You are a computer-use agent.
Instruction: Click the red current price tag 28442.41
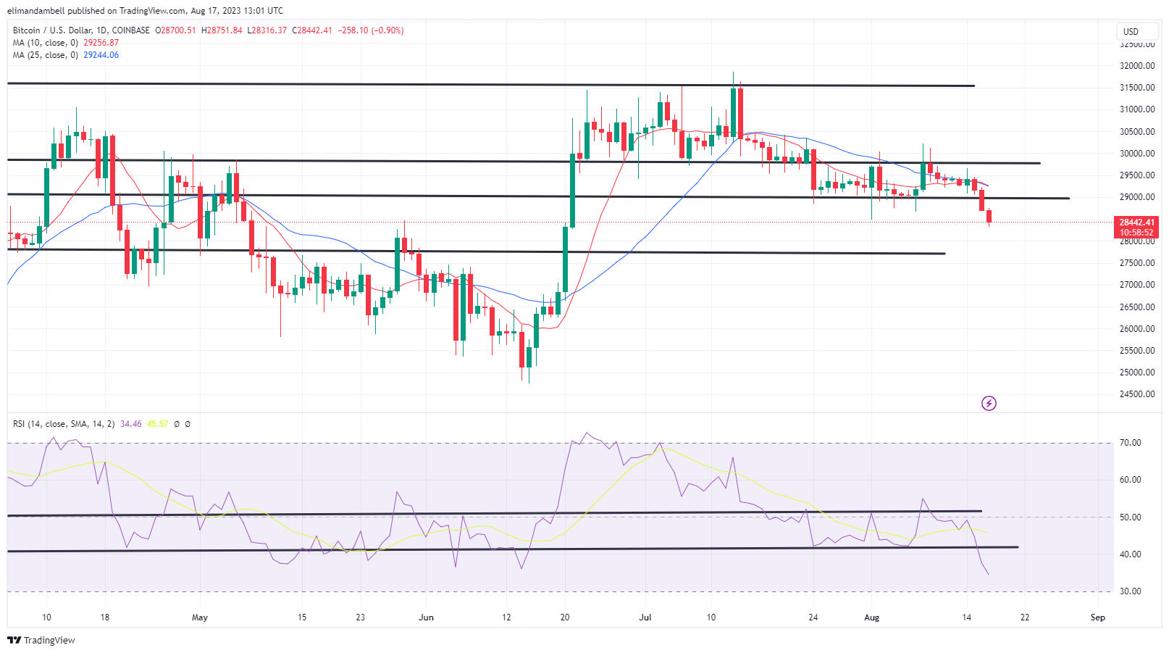(x=1136, y=222)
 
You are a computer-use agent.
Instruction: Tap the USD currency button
(x=1131, y=31)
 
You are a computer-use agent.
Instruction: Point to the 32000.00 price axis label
(x=1137, y=66)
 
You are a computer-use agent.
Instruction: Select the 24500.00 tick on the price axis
(x=1137, y=394)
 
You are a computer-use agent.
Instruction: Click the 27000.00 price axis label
(x=1137, y=285)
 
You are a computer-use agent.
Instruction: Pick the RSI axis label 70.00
(x=1131, y=443)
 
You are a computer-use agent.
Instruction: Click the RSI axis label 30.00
(x=1131, y=591)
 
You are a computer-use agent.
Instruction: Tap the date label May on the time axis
(x=200, y=617)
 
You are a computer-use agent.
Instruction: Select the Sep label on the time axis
(x=1098, y=617)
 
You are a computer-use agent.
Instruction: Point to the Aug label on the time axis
(x=872, y=617)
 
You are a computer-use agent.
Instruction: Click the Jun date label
(x=427, y=617)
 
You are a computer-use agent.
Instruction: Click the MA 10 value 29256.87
(x=101, y=43)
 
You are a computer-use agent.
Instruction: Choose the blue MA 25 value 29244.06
(x=101, y=55)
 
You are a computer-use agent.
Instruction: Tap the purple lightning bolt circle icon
(x=989, y=403)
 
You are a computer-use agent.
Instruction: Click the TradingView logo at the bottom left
(x=41, y=640)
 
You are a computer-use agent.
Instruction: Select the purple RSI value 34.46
(x=130, y=424)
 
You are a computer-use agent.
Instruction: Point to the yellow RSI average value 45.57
(x=157, y=424)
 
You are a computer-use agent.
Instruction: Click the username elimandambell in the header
(x=36, y=11)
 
